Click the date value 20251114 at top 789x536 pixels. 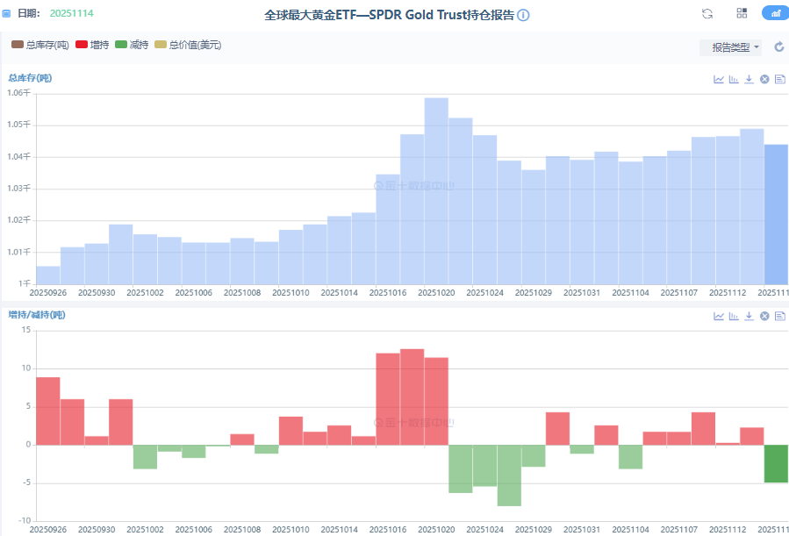[71, 14]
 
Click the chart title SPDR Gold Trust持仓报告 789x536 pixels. [390, 15]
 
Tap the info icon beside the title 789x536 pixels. [523, 16]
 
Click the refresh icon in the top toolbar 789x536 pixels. [707, 13]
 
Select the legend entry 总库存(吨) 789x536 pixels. [40, 44]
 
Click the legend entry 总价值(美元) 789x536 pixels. [188, 44]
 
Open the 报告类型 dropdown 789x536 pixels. [730, 47]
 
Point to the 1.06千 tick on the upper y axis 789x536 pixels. [18, 93]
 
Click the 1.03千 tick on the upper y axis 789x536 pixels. [18, 189]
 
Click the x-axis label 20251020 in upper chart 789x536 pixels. [436, 292]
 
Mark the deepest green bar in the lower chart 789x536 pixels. [509, 475]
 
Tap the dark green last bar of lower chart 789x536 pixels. [776, 463]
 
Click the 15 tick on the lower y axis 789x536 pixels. [26, 330]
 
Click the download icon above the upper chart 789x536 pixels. [749, 79]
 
